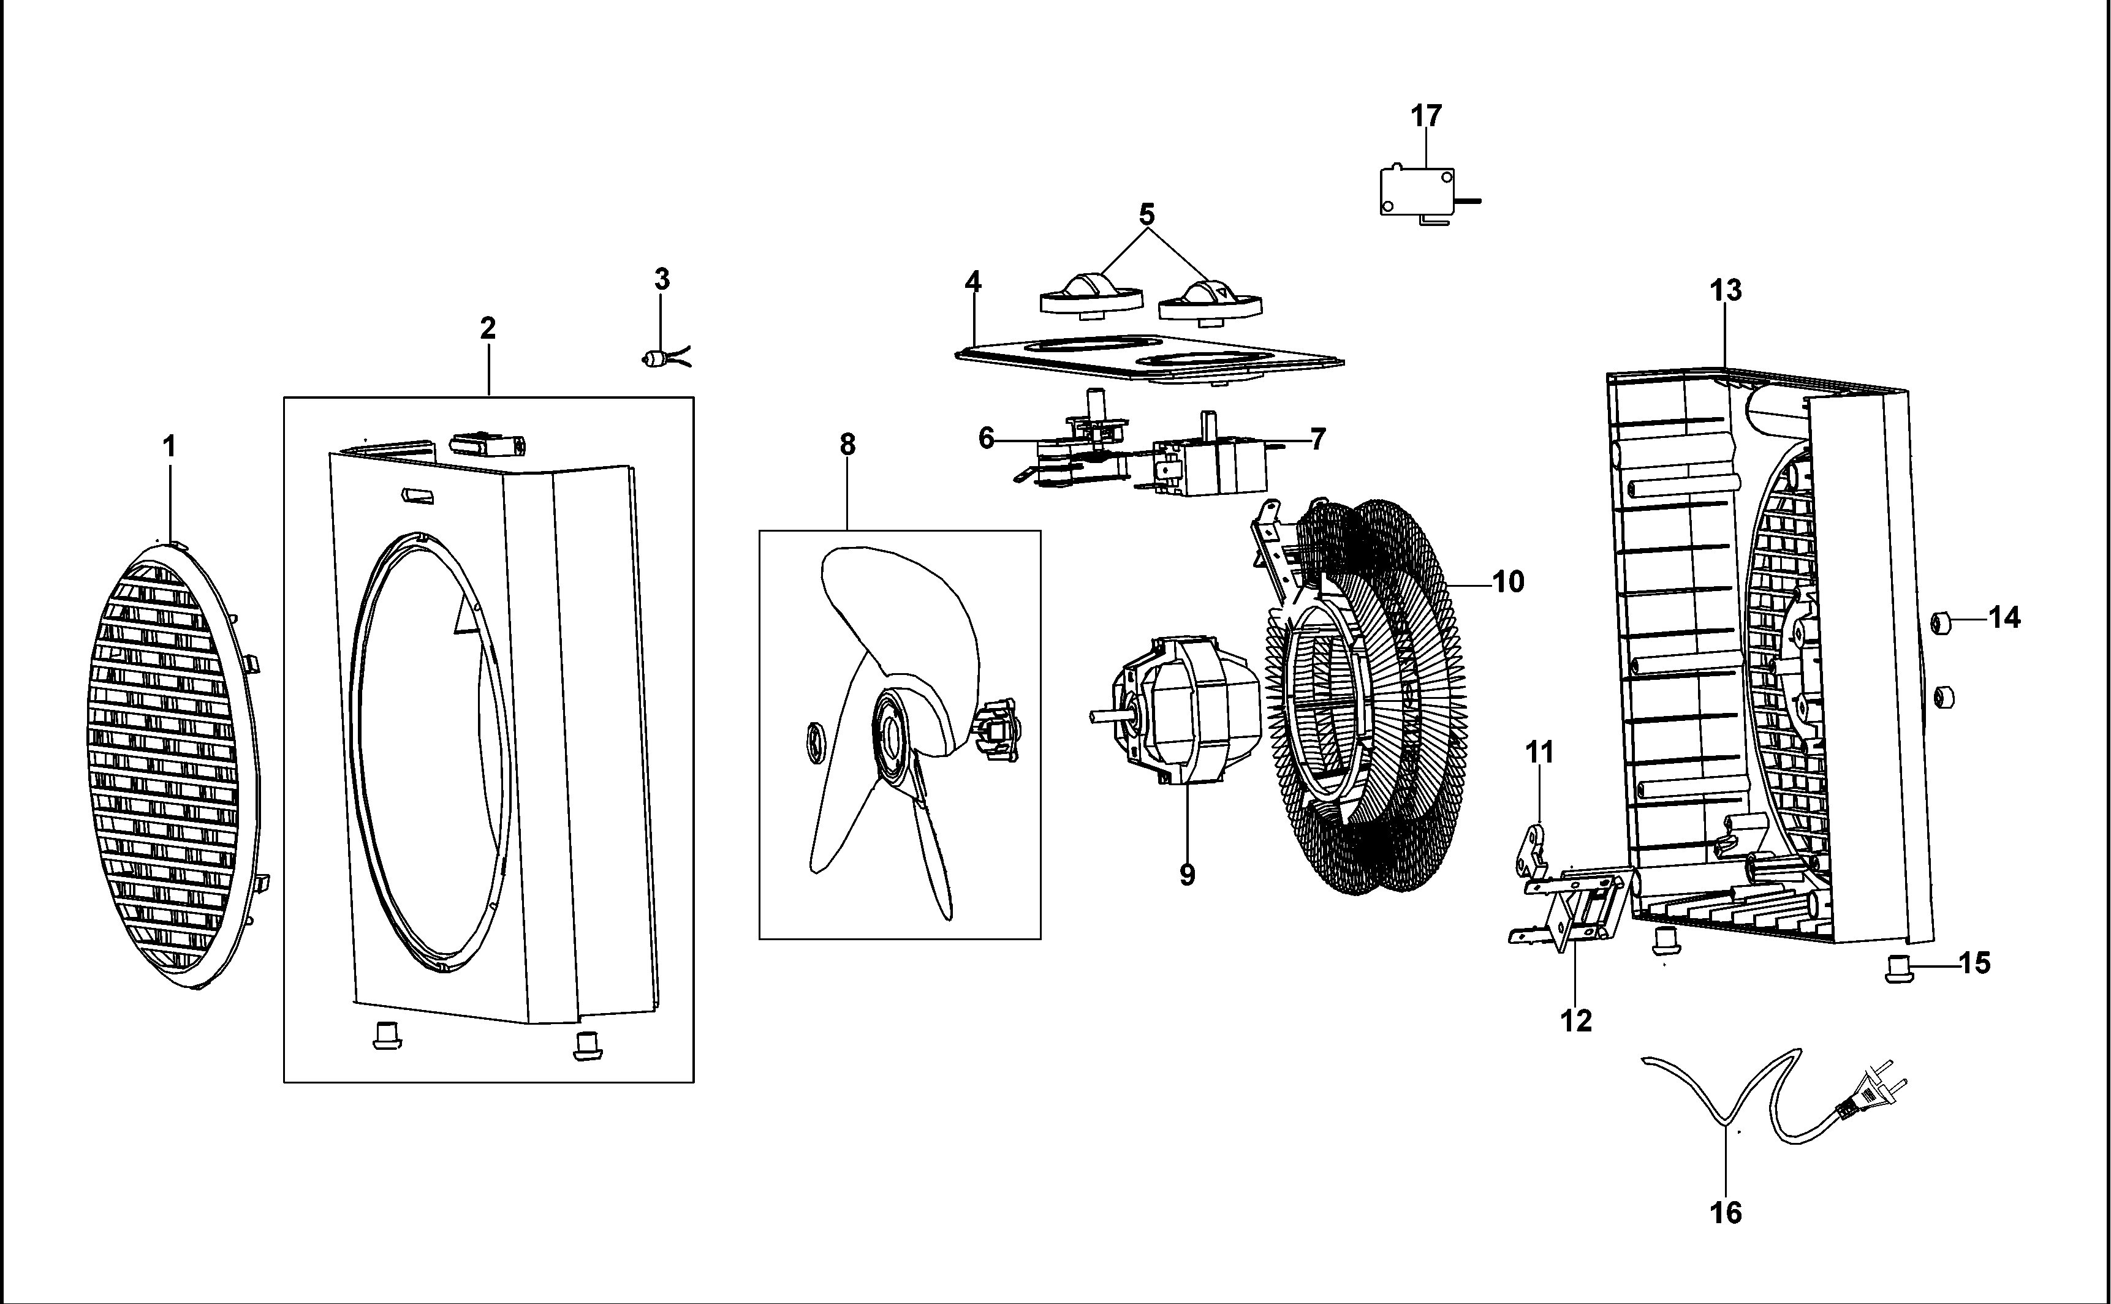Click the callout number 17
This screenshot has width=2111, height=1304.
pos(1426,116)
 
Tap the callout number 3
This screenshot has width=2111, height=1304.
pos(662,279)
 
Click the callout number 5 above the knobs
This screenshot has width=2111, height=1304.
pos(1146,214)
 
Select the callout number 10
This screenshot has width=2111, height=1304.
pos(1508,582)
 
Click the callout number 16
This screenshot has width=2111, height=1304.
pos(1726,1213)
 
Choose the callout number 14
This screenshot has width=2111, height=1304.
pos(2004,617)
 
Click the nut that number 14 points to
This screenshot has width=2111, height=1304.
pos(1941,620)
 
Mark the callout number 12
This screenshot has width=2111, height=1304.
pos(1576,1021)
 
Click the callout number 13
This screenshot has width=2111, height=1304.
pos(1726,291)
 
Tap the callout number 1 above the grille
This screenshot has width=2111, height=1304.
pos(169,447)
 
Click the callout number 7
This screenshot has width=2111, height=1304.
pos(1317,440)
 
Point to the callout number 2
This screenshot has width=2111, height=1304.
pos(487,328)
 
